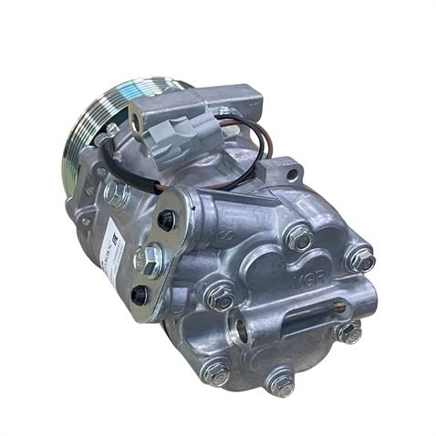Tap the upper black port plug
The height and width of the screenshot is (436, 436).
166,220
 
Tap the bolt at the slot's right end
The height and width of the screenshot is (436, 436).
348,332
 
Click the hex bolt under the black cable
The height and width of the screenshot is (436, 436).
115,192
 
